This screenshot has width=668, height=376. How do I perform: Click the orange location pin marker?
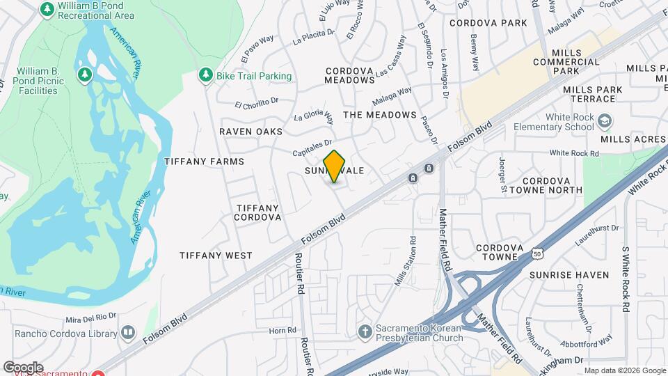click(x=335, y=166)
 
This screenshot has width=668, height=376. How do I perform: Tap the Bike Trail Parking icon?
click(x=205, y=75)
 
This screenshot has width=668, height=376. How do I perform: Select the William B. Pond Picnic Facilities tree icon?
click(x=86, y=74)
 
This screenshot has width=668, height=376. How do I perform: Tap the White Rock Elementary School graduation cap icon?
click(x=605, y=119)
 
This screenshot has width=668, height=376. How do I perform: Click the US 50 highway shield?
click(x=537, y=254)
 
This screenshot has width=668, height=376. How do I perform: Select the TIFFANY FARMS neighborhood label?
click(x=204, y=162)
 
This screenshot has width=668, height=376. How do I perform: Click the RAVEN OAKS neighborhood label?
click(x=251, y=132)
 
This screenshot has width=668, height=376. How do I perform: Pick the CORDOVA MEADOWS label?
click(x=350, y=75)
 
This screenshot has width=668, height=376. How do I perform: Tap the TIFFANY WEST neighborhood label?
click(x=216, y=256)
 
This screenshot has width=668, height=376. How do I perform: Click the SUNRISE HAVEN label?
click(x=569, y=275)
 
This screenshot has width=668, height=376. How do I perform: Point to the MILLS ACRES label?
click(x=633, y=139)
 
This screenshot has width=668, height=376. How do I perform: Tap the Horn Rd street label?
click(x=283, y=330)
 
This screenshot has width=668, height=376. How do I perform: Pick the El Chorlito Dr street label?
click(x=256, y=104)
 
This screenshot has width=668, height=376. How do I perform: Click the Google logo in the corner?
click(x=23, y=367)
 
